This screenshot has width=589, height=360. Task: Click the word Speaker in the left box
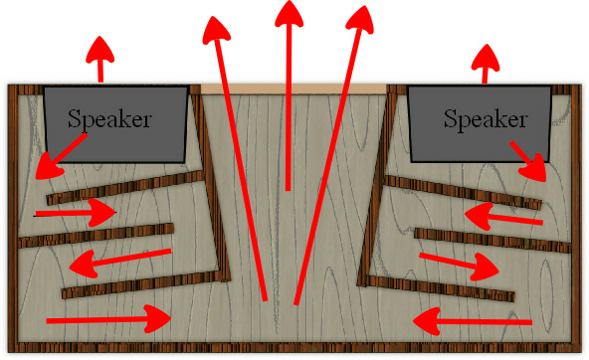click(109, 118)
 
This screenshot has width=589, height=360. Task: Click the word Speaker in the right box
click(485, 119)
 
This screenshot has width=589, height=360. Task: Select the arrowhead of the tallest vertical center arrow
click(289, 15)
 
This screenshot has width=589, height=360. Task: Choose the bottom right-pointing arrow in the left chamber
click(109, 318)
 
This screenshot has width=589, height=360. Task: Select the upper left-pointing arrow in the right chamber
click(502, 216)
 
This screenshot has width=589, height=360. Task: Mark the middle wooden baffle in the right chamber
click(488, 240)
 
